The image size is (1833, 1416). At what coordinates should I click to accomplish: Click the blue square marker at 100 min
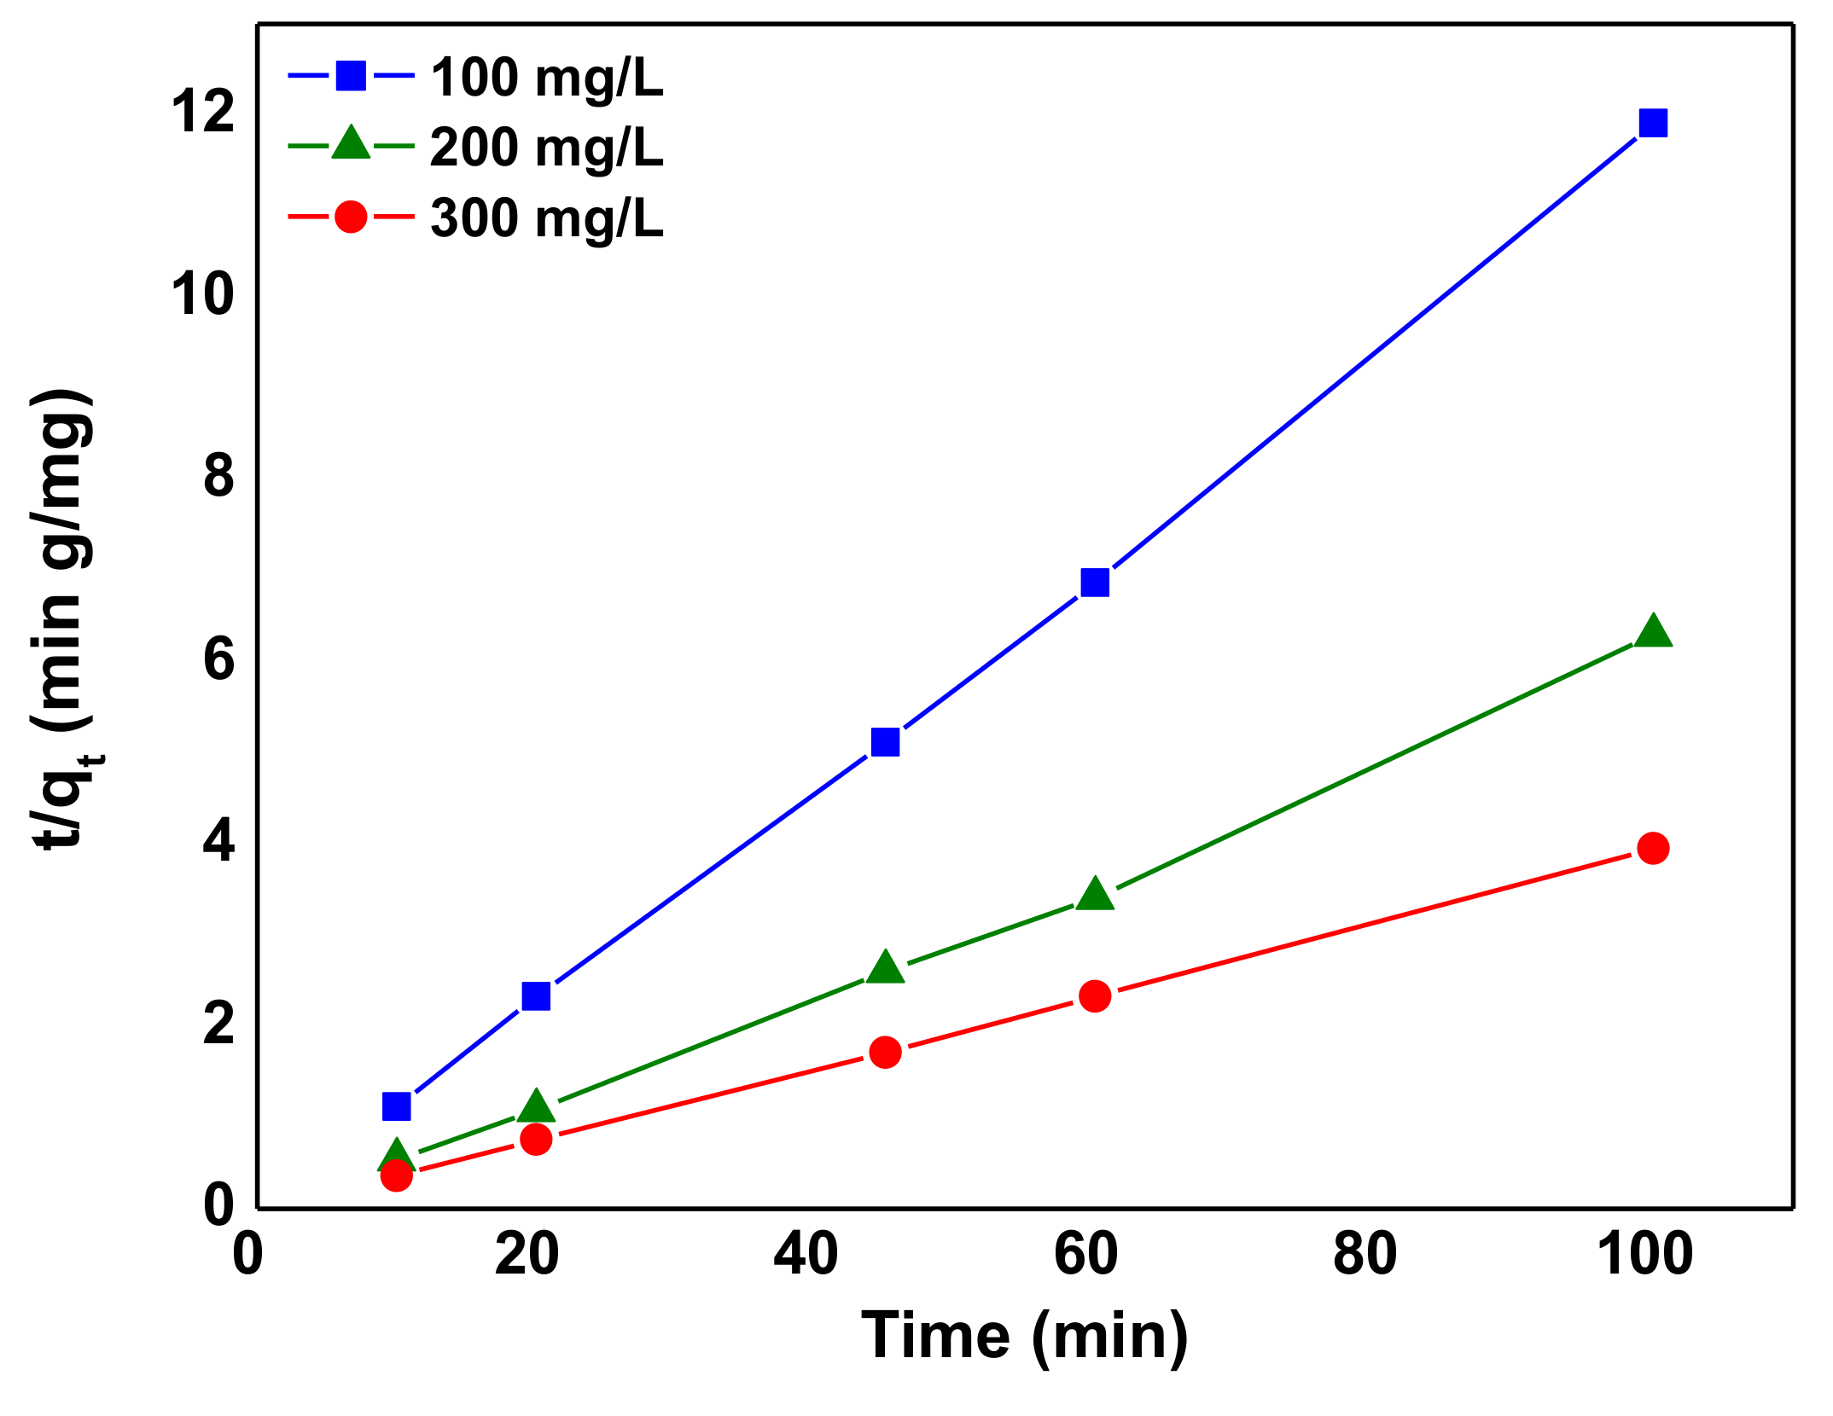(1653, 123)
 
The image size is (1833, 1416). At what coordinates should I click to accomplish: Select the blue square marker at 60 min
(1095, 583)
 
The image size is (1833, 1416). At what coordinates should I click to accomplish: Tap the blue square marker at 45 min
(885, 742)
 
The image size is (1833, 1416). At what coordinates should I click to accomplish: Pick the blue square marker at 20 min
(536, 995)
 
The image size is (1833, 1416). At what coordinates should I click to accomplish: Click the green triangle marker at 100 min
(1653, 632)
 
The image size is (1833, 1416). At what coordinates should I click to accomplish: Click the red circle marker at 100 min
(1653, 848)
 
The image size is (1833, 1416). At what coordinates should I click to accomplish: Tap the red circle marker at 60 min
(1095, 995)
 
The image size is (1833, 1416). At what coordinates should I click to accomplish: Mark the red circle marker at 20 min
(536, 1139)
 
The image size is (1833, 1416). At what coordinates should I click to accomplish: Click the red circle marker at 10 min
(396, 1176)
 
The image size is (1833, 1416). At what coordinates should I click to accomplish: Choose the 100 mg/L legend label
(546, 78)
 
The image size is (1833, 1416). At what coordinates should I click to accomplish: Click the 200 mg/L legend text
(546, 148)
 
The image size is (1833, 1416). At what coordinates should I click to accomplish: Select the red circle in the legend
(351, 217)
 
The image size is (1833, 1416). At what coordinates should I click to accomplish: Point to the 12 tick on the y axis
(202, 112)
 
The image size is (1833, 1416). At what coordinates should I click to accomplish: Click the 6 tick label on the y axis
(218, 659)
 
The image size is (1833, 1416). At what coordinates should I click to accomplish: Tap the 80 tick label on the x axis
(1365, 1255)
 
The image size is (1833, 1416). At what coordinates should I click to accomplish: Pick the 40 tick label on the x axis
(806, 1255)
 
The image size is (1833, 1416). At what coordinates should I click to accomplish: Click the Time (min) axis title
(1024, 1337)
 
